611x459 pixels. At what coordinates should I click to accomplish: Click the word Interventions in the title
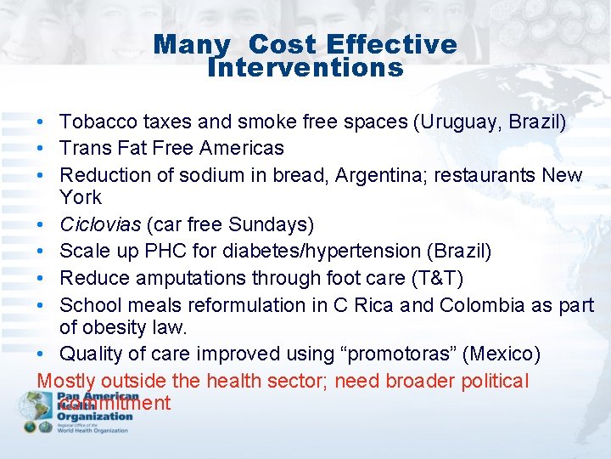(305, 67)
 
